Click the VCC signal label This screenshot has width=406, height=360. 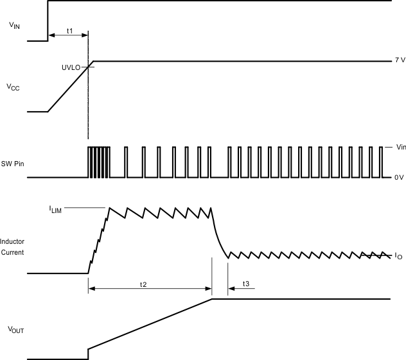pyautogui.click(x=13, y=88)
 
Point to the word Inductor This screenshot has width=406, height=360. pyautogui.click(x=12, y=243)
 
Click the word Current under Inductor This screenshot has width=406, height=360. pyautogui.click(x=13, y=252)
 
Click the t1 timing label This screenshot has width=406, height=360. pyautogui.click(x=70, y=31)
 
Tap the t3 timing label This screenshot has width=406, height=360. pyautogui.click(x=247, y=282)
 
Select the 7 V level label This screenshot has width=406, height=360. pyautogui.click(x=400, y=60)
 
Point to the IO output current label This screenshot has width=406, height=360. pyautogui.click(x=398, y=255)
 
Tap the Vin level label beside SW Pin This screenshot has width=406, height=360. pyautogui.click(x=400, y=148)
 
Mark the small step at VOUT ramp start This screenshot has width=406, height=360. pyautogui.click(x=88, y=354)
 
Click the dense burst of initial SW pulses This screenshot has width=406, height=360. pyautogui.click(x=98, y=162)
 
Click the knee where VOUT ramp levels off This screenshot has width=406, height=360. pyautogui.click(x=213, y=299)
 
